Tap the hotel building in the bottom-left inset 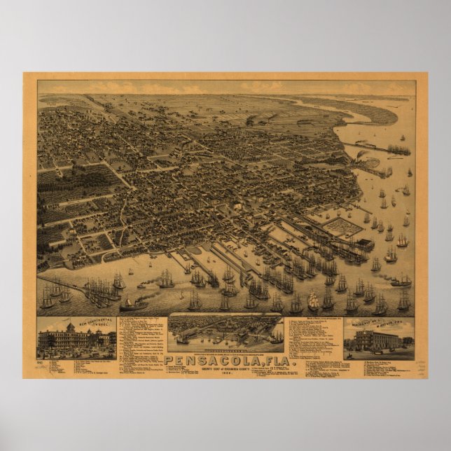pyautogui.click(x=76, y=340)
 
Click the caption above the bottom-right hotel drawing pyautogui.click(x=379, y=324)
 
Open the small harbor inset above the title pyautogui.click(x=225, y=332)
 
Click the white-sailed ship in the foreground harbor pyautogui.click(x=313, y=301)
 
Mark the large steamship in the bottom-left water pyautogui.click(x=133, y=304)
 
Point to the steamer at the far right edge pyautogui.click(x=401, y=281)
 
